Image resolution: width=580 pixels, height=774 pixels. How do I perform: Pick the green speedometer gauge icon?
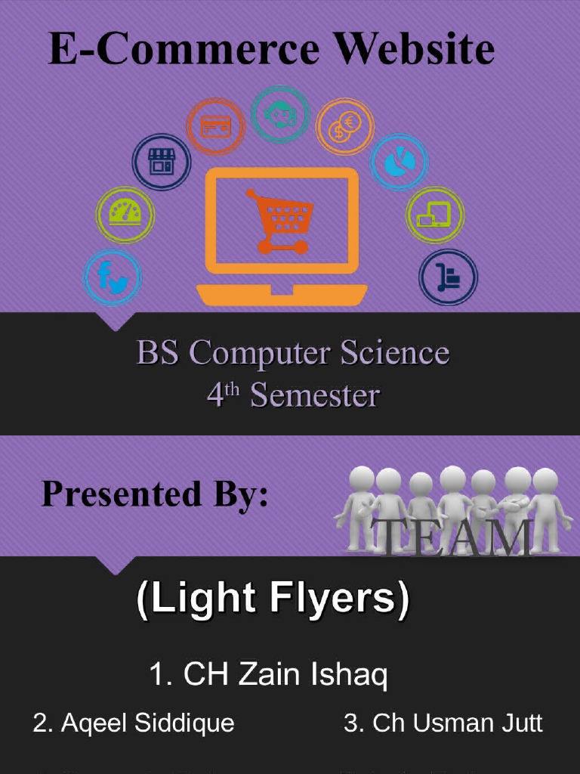point(125,213)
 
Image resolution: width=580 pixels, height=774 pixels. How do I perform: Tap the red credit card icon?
point(215,126)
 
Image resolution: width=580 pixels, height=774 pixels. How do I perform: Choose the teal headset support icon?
point(279,114)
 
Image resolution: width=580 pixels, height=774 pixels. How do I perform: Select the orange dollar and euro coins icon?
point(345,126)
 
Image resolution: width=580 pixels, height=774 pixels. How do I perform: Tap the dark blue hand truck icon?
point(448,277)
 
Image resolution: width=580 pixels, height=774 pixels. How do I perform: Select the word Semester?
point(314,395)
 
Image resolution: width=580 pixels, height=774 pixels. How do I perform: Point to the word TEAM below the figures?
point(452,537)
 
